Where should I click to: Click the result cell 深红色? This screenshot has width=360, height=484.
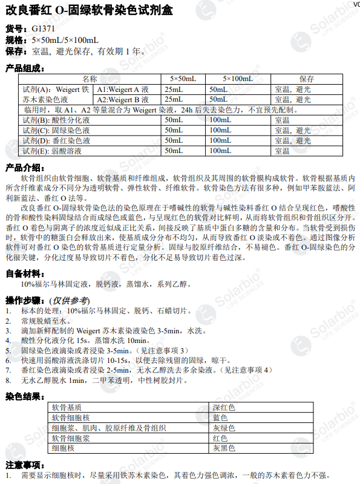pos(223,408)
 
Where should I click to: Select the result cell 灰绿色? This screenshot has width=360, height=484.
pos(223,428)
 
